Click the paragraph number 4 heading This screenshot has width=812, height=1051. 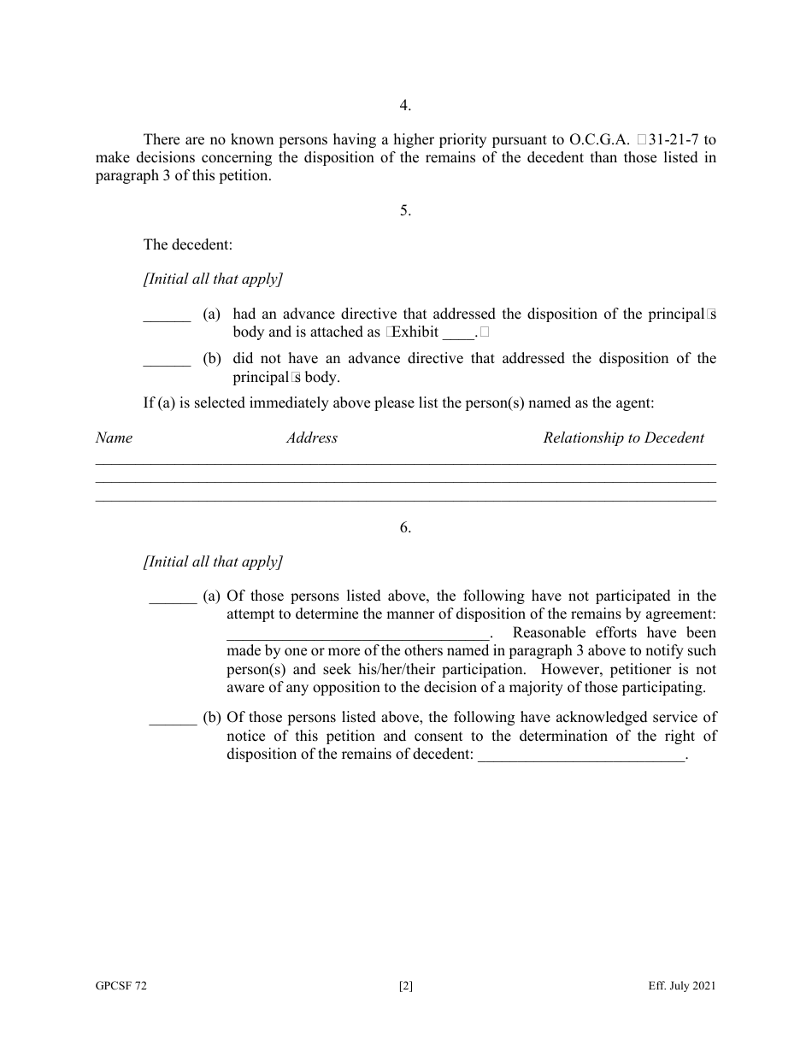405,105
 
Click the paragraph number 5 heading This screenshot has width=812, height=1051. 405,210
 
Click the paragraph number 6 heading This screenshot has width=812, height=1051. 405,527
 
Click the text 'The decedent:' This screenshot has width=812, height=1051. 188,244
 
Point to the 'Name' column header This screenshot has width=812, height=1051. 114,437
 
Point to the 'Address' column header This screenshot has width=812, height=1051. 312,437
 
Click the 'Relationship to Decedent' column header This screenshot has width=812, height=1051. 624,437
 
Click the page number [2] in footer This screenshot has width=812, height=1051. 406,986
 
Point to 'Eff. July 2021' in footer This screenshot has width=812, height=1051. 682,986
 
